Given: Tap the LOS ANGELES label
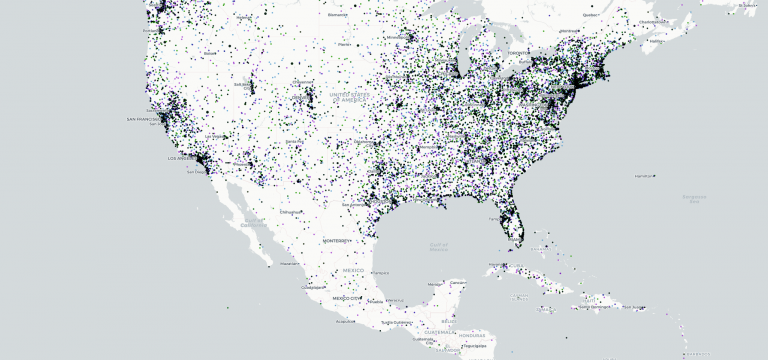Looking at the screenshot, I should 180,159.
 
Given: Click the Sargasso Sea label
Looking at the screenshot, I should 694,197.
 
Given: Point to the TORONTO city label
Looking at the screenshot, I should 517,52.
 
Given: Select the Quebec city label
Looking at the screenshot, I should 591,15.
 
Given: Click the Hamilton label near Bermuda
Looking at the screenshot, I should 644,175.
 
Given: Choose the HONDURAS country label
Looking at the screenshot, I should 473,334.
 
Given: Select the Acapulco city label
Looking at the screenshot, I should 346,322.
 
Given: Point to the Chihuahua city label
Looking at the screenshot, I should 291,213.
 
